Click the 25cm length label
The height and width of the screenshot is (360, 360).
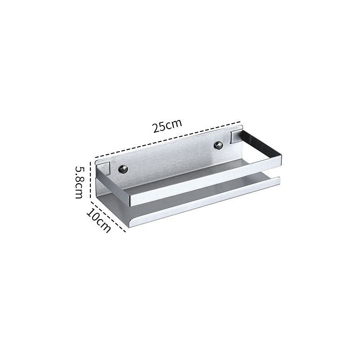point(167,126)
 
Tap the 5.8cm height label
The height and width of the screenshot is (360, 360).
point(80,182)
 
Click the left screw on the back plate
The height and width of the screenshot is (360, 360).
point(123,169)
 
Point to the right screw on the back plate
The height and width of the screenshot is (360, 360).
point(218,145)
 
